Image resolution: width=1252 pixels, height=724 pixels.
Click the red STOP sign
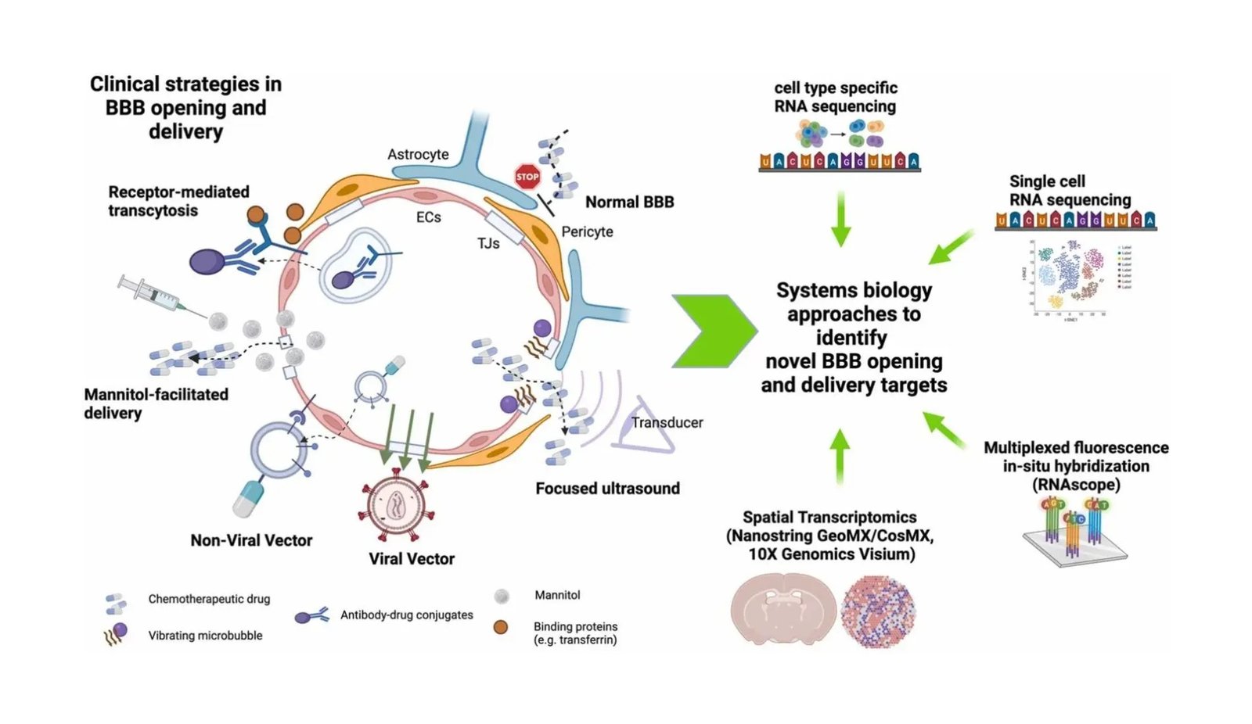click(527, 177)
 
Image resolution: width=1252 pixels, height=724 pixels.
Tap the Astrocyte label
click(418, 154)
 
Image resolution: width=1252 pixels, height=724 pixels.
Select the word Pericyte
click(587, 231)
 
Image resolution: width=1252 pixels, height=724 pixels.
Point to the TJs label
click(488, 243)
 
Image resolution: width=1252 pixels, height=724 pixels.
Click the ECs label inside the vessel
click(428, 217)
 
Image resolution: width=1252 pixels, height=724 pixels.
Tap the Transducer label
click(667, 422)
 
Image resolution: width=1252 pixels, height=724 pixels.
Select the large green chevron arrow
click(712, 331)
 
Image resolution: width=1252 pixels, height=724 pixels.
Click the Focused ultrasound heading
click(607, 488)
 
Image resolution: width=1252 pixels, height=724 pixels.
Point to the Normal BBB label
click(629, 202)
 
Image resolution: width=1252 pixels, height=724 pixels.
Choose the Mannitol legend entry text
click(557, 595)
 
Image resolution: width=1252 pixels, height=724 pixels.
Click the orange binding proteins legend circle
click(501, 627)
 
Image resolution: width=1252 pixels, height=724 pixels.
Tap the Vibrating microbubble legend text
click(205, 636)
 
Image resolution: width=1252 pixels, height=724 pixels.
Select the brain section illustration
click(782, 611)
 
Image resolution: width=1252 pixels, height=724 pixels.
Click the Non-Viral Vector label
click(251, 540)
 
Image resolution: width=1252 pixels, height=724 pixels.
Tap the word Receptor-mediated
click(178, 192)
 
